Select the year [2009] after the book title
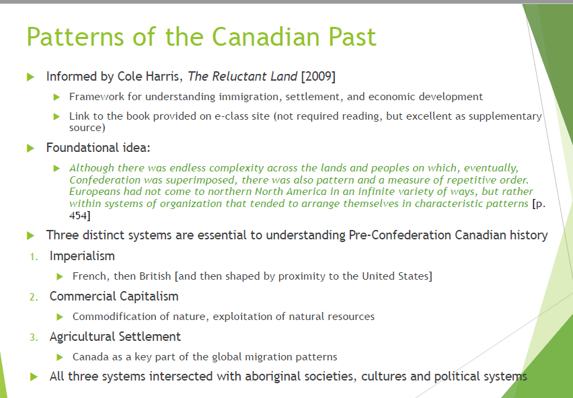click(x=318, y=77)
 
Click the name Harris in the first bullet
click(x=165, y=77)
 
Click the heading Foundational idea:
click(x=98, y=147)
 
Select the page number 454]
click(x=79, y=215)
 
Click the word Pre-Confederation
click(x=399, y=235)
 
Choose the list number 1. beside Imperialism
click(x=34, y=257)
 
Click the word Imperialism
click(x=82, y=256)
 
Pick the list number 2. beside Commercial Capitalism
click(x=34, y=297)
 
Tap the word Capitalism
click(x=149, y=296)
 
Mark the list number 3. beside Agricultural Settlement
click(x=34, y=337)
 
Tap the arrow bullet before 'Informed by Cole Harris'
click(x=31, y=77)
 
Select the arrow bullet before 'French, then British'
click(x=60, y=277)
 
